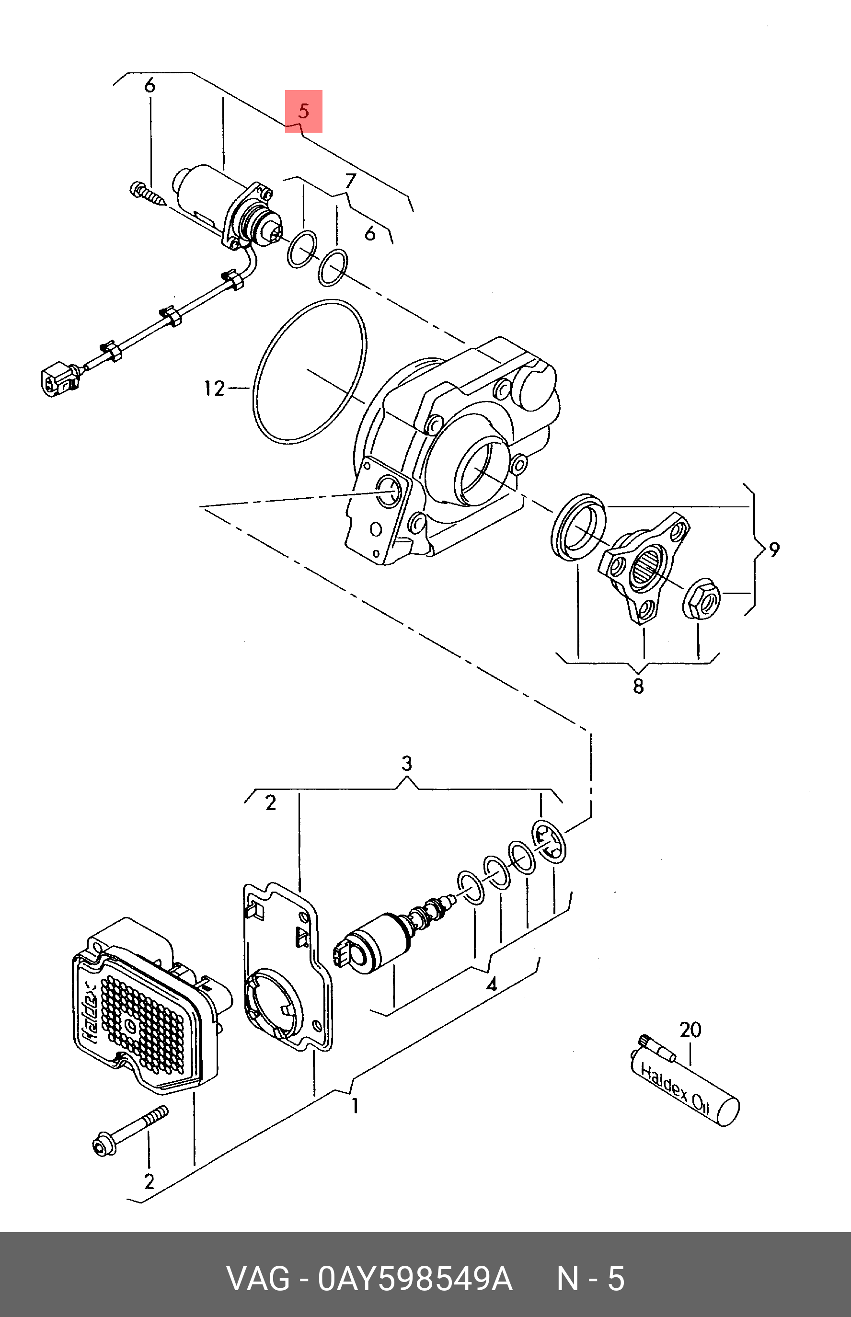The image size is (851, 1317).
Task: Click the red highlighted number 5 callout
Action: (303, 111)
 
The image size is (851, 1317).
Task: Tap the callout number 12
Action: (214, 389)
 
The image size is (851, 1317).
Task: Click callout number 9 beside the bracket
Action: (774, 550)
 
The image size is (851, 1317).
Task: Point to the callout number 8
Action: (638, 686)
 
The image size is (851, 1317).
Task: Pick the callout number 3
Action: (407, 764)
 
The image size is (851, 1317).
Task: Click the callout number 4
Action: (491, 984)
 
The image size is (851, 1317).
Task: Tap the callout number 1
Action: (356, 1105)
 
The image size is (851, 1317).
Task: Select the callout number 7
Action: (350, 181)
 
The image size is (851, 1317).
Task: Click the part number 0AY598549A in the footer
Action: (415, 1278)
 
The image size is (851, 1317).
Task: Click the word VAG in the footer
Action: (258, 1278)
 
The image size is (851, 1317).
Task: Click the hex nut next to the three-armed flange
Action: (702, 598)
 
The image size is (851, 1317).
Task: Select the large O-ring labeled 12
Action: (255, 387)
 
